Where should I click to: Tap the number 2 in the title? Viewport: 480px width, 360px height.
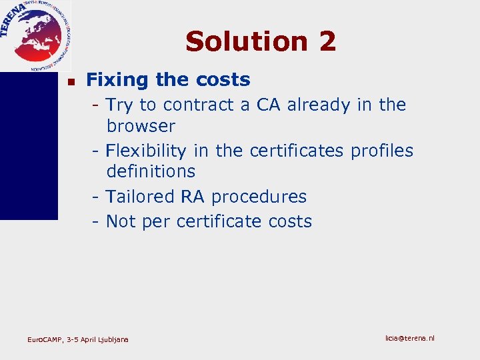(327, 41)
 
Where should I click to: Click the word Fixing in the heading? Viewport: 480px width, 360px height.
(117, 80)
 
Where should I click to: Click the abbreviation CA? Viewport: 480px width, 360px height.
(268, 105)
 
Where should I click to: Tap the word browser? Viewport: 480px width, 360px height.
(140, 126)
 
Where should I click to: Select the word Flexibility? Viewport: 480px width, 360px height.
(147, 151)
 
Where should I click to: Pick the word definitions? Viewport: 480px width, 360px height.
(151, 171)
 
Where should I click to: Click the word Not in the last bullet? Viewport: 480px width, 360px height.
(120, 221)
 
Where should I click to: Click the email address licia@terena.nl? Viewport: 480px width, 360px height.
(409, 338)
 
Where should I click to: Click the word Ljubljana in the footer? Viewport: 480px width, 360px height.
(113, 340)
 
